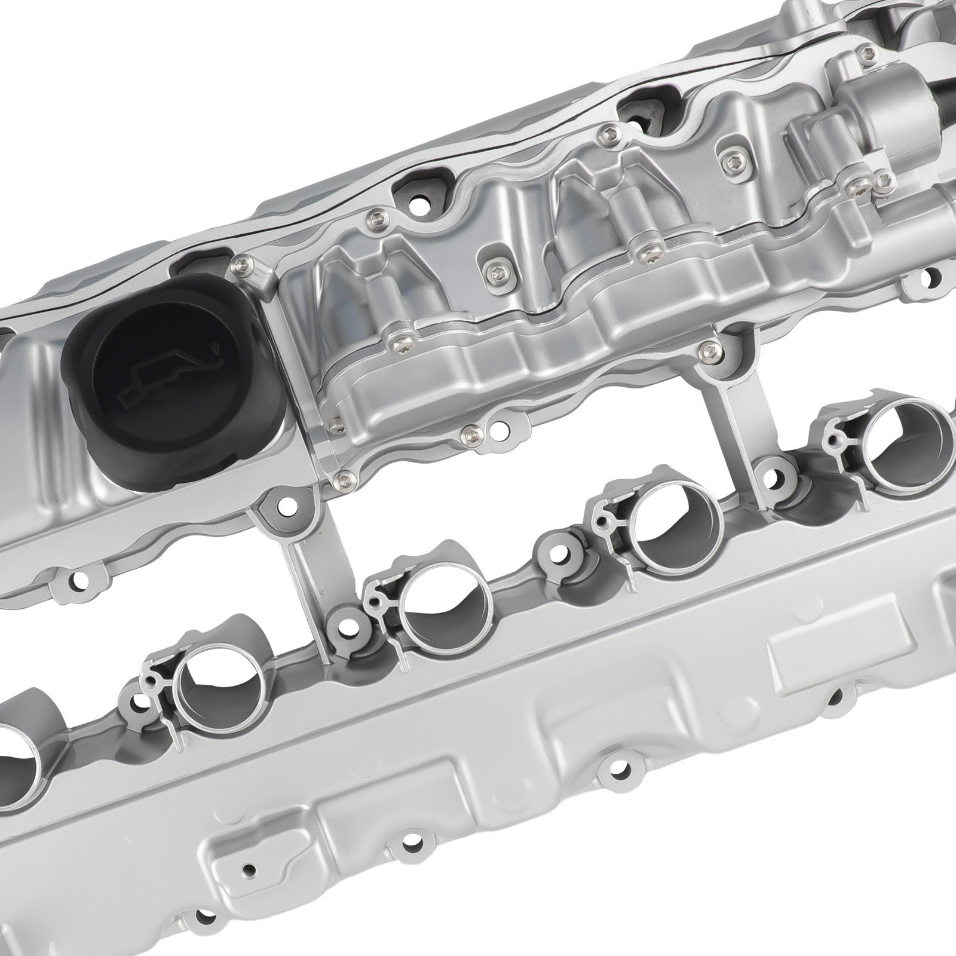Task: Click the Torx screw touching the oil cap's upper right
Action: [241, 262]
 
